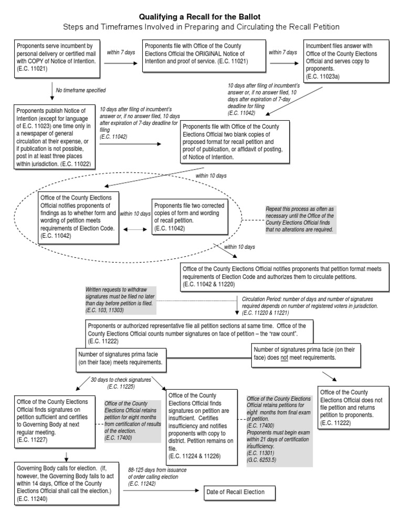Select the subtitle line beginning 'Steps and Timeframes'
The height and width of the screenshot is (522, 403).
point(201,26)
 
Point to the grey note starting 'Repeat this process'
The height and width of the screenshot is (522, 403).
point(300,219)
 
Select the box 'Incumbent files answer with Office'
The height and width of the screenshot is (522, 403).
point(347,58)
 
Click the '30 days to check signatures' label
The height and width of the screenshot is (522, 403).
point(121,379)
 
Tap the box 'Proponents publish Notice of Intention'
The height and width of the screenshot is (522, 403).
point(53,137)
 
